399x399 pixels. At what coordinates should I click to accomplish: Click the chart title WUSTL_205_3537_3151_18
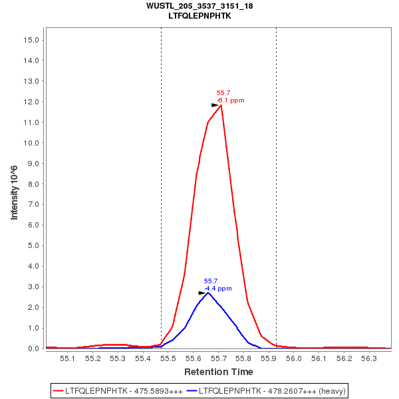point(199,5)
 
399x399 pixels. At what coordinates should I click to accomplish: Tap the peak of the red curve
point(220,105)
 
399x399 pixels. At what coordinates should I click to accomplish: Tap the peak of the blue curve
point(207,293)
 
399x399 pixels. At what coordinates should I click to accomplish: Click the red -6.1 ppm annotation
point(231,100)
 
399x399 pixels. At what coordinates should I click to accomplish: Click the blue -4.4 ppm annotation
point(218,289)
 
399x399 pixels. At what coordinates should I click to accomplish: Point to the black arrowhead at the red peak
point(215,105)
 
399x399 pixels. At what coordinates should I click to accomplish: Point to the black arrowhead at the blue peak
point(202,293)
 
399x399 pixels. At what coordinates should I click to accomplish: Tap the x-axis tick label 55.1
point(67,358)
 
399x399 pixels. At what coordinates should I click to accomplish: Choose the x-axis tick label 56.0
point(294,358)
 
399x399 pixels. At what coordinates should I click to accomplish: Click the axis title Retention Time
point(219,372)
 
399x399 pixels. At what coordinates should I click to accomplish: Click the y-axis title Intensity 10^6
point(14,194)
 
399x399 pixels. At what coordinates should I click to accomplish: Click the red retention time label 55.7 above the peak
point(223,93)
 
